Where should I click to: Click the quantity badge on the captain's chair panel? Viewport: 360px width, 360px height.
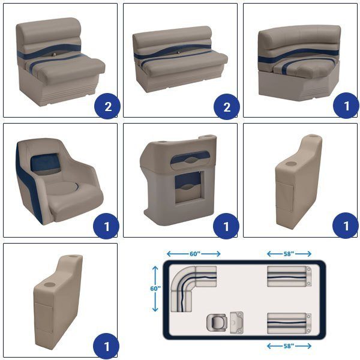point(106,226)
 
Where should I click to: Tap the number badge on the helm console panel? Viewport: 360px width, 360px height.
point(226,226)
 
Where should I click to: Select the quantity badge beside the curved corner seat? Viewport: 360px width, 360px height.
point(346,106)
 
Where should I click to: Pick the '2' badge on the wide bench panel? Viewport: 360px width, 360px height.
point(227,107)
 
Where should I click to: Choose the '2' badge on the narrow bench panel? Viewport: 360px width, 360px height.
point(107,106)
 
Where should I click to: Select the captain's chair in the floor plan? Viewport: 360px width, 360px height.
point(217,323)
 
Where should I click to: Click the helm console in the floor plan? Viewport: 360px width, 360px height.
point(237,323)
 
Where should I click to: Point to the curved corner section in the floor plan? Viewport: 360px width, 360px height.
point(182,278)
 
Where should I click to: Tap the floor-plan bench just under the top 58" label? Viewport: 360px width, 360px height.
point(289,276)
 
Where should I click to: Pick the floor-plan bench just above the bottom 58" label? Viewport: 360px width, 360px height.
point(289,323)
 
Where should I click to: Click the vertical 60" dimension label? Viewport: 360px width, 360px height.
point(155,289)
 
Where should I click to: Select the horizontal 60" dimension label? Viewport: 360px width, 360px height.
point(195,254)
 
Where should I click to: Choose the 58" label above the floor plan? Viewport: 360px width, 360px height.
point(289,254)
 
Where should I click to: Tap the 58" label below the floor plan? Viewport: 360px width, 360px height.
point(289,346)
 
